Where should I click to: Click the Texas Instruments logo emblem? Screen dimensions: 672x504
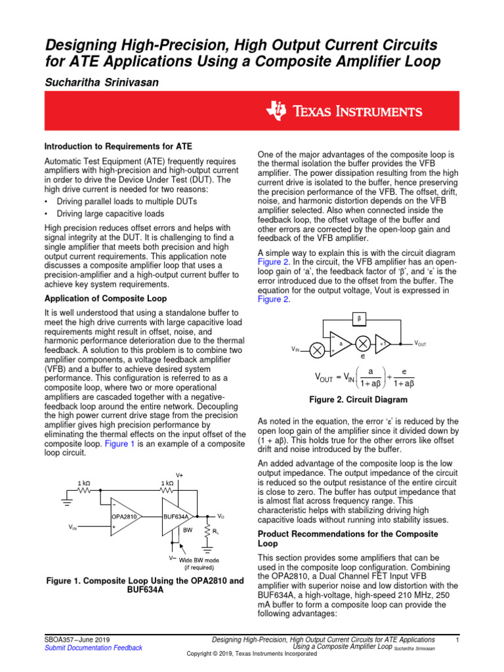276,112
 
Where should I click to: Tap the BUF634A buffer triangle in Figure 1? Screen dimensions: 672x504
177,516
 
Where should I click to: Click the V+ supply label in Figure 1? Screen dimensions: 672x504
179,475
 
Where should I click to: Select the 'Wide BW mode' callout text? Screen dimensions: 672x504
198,560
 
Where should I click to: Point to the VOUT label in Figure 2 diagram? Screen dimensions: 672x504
420,343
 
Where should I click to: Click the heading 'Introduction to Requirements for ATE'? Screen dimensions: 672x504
117,146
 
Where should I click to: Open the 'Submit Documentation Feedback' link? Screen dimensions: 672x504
93,648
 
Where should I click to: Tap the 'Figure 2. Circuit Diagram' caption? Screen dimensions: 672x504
358,400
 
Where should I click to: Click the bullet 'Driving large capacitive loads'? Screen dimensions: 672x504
110,213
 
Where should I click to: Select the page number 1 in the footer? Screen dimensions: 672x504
457,639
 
